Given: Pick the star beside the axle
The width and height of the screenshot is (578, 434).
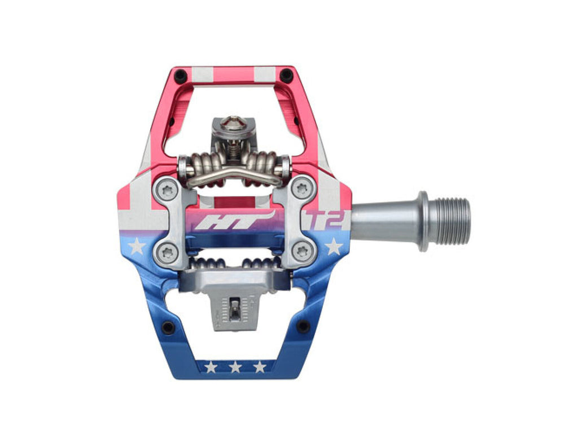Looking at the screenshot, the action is click(x=334, y=246).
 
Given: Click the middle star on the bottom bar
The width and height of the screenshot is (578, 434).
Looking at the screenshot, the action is click(x=235, y=367).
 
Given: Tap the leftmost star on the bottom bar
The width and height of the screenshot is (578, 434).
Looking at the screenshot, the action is click(x=211, y=367).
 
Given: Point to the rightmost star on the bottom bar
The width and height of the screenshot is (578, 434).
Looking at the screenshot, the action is click(x=260, y=367).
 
